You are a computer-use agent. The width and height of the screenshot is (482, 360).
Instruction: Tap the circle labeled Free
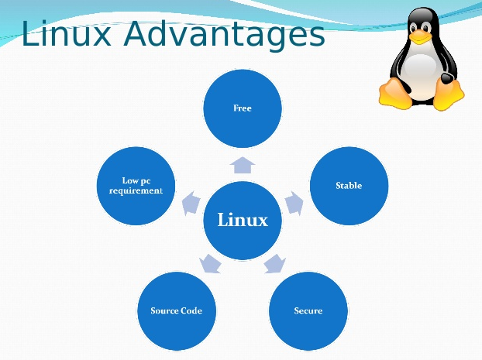[242, 108]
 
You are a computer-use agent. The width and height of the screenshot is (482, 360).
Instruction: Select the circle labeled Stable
[349, 186]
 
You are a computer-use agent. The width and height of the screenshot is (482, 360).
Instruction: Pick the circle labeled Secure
[308, 310]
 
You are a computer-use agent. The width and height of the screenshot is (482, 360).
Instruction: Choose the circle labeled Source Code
[176, 310]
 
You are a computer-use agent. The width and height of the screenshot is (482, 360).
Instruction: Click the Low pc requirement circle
[136, 187]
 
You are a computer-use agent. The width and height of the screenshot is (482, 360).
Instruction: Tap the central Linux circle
[242, 220]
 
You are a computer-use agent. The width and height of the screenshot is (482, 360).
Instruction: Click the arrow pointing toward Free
[242, 163]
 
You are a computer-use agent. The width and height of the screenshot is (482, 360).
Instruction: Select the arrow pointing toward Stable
[293, 203]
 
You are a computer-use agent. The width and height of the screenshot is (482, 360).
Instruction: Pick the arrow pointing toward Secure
[274, 263]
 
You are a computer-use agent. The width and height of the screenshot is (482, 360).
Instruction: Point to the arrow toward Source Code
[209, 263]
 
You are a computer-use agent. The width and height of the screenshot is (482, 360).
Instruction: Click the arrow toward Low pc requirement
[189, 203]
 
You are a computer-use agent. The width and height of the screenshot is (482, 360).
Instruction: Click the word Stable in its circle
[349, 186]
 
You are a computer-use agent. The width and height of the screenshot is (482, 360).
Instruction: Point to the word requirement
[136, 191]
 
